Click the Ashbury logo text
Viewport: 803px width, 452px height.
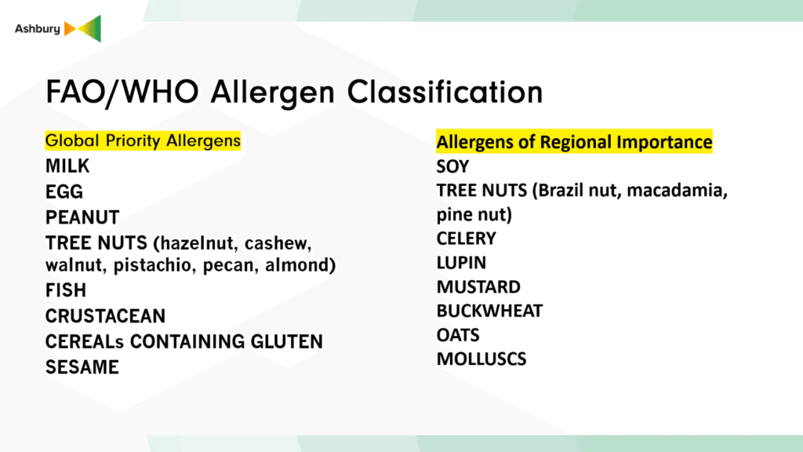click(x=38, y=29)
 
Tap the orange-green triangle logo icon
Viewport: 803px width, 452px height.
click(x=82, y=29)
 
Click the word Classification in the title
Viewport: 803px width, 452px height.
click(x=445, y=93)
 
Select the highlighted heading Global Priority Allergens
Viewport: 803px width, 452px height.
click(x=143, y=140)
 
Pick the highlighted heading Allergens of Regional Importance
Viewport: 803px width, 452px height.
click(x=574, y=141)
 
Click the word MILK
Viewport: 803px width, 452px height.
click(x=67, y=166)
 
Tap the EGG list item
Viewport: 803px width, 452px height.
click(x=64, y=191)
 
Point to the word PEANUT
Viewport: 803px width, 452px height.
click(x=82, y=217)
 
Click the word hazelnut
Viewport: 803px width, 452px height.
click(x=196, y=243)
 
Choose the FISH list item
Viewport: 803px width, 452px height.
click(x=66, y=290)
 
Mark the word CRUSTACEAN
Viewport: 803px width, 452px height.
click(x=106, y=315)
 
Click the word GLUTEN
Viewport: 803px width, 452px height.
click(x=286, y=341)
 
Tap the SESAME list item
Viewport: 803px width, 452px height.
click(x=82, y=367)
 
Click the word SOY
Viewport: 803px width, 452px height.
click(x=452, y=166)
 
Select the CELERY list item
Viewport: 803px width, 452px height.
click(x=466, y=239)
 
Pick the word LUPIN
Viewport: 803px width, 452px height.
click(x=461, y=262)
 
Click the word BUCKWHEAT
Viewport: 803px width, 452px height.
click(x=489, y=311)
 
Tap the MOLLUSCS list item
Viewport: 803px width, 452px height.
click(x=481, y=359)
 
